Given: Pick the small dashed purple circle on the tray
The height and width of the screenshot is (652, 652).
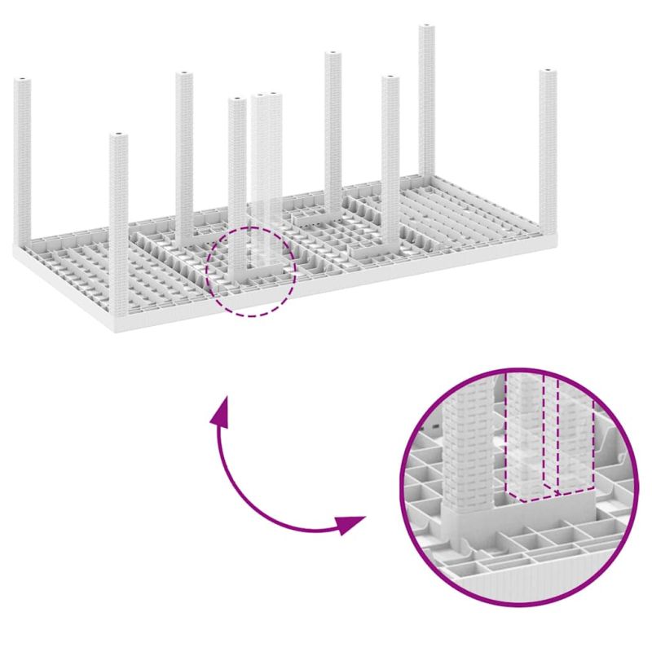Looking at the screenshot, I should (251, 313).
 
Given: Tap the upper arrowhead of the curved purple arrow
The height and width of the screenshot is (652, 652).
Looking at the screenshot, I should (218, 412).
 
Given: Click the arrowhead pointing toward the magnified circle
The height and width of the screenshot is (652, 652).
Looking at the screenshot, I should (352, 523).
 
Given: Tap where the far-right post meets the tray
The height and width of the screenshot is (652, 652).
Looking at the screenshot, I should (547, 229).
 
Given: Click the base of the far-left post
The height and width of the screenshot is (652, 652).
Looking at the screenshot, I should (24, 240).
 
